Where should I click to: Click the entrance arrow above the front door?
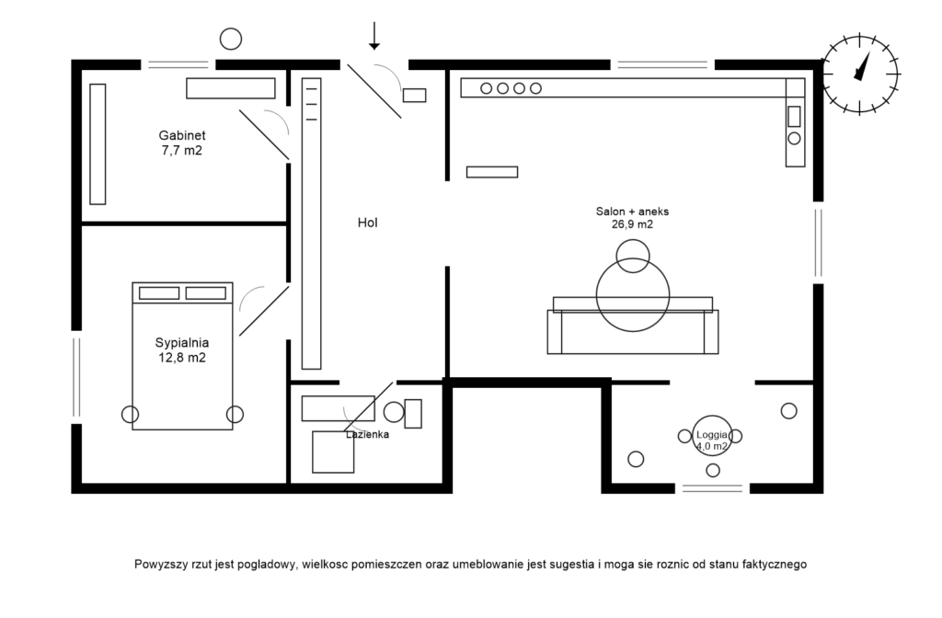click(373, 36)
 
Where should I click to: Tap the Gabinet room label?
click(182, 143)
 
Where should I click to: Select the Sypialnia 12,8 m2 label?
click(181, 350)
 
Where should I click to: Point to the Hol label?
click(368, 223)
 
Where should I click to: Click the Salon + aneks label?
click(632, 217)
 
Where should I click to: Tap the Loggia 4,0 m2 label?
click(712, 440)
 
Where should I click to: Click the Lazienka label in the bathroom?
click(368, 434)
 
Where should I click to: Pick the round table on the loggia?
click(712, 436)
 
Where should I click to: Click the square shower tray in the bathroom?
click(333, 452)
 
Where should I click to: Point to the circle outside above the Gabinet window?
click(231, 39)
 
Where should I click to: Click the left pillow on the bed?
click(158, 293)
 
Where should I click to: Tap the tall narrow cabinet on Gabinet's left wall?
click(98, 143)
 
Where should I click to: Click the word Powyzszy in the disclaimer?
click(157, 564)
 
